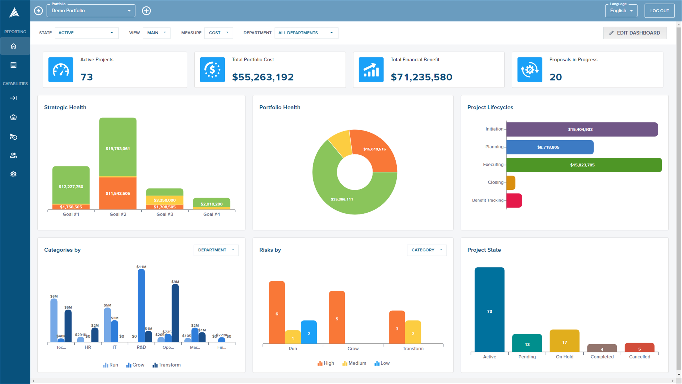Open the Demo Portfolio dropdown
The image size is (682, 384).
pos(91,11)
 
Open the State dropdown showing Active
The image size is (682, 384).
pos(86,33)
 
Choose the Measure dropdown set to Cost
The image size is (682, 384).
pos(218,33)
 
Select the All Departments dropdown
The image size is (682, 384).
pos(306,33)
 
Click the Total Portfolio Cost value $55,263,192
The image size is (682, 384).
pos(263,77)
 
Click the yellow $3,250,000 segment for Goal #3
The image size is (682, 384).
pos(165,200)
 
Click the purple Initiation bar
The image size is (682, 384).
pos(582,129)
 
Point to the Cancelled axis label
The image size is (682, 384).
pos(639,357)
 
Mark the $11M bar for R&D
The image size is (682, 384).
pos(141,305)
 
